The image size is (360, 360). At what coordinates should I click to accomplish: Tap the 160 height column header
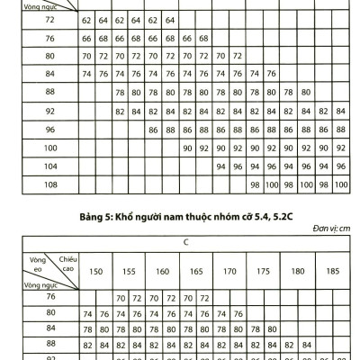[x=161, y=271]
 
